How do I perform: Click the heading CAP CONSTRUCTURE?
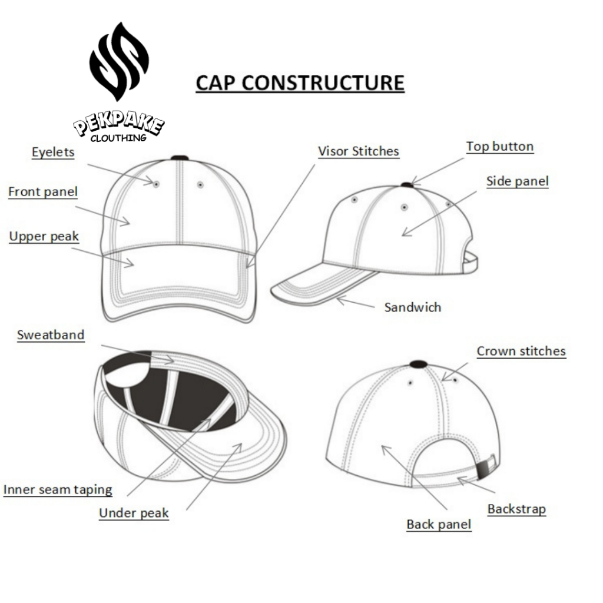click(x=300, y=82)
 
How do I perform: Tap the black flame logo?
click(x=119, y=61)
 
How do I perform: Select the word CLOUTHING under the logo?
click(x=118, y=138)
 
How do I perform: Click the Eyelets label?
click(x=53, y=152)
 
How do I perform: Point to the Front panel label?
click(x=43, y=191)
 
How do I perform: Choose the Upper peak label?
click(x=44, y=236)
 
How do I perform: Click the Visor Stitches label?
click(x=358, y=151)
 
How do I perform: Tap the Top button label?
click(x=499, y=146)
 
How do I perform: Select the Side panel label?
click(x=517, y=181)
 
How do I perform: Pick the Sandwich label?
click(x=412, y=307)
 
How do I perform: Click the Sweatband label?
click(x=51, y=335)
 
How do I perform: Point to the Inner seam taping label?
click(x=58, y=489)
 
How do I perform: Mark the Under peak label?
click(x=134, y=513)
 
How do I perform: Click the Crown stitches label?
click(x=521, y=351)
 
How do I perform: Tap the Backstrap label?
click(x=516, y=509)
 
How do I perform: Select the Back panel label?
click(x=439, y=524)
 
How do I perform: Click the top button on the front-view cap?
click(x=179, y=158)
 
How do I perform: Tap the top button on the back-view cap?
click(x=418, y=363)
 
